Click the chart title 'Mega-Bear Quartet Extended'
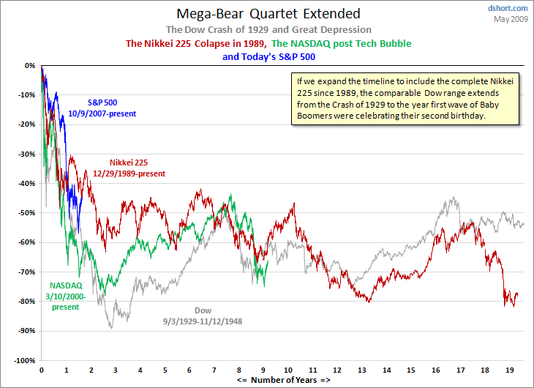268,13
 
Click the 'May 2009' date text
511,18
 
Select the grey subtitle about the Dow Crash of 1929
268,29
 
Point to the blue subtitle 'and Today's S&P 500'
268,56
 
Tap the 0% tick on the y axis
29,65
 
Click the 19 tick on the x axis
510,370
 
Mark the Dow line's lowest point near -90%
112,327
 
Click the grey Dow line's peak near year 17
454,197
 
